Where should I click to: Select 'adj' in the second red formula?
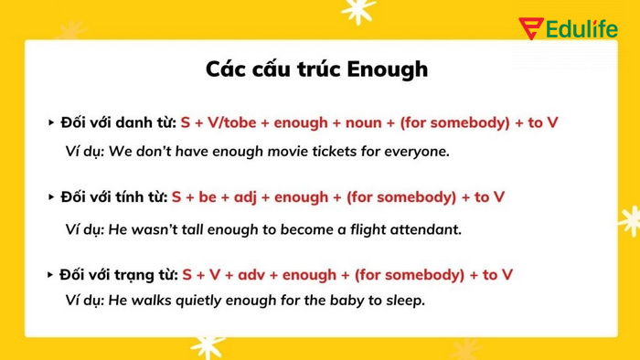pyautogui.click(x=247, y=196)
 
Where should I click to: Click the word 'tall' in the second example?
pyautogui.click(x=222, y=228)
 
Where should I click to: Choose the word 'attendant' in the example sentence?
pyautogui.click(x=427, y=228)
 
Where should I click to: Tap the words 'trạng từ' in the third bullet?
pyautogui.click(x=144, y=274)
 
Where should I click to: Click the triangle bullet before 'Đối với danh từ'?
pyautogui.click(x=51, y=122)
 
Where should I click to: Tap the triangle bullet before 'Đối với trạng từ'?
pyautogui.click(x=51, y=274)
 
